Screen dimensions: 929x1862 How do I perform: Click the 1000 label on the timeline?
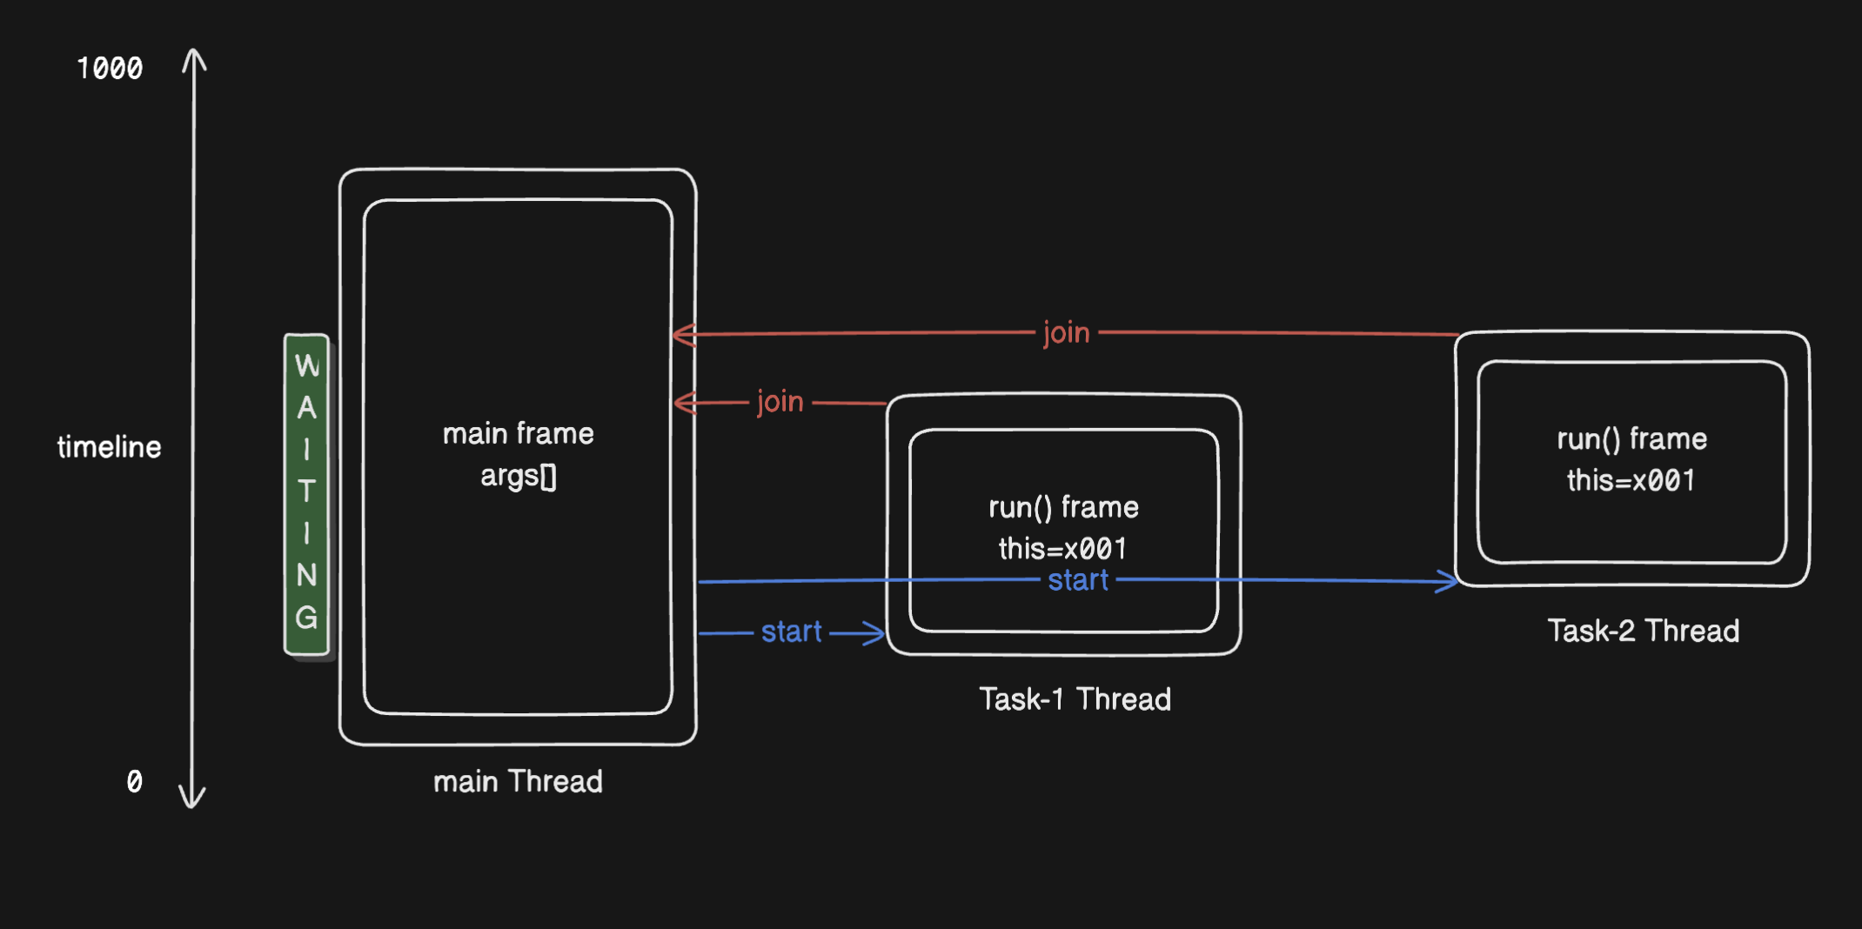point(110,69)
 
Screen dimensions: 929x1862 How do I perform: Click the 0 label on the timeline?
point(134,781)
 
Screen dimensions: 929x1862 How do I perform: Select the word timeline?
point(110,447)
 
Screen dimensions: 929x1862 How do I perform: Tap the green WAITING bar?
point(306,494)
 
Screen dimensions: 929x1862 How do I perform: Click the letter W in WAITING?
point(307,366)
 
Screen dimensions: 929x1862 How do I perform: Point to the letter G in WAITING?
point(306,618)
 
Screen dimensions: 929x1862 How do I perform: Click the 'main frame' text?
point(518,433)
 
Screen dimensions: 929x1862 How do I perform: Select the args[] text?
point(518,476)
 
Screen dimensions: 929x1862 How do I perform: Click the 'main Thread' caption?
point(518,781)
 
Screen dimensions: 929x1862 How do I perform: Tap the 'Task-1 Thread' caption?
point(1075,699)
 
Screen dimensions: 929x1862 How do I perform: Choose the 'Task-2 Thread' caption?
point(1643,631)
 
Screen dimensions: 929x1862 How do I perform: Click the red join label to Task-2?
point(1066,332)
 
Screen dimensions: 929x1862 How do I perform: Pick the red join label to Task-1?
point(780,401)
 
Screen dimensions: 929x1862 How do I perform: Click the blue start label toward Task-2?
point(1078,580)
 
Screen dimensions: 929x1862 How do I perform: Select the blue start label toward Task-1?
point(791,632)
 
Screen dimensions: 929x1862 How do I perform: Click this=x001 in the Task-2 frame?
point(1631,480)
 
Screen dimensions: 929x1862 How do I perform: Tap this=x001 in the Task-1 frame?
point(1062,549)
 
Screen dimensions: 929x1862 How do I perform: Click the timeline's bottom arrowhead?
point(192,799)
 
